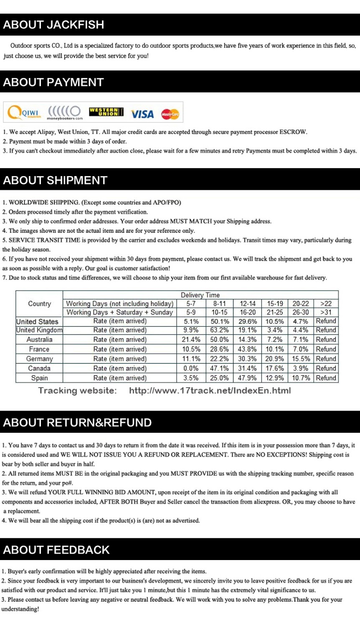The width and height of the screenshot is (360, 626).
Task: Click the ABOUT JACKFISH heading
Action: pos(53,25)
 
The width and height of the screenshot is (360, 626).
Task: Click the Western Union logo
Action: pos(106,112)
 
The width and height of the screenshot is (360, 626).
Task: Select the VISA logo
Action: pos(142,114)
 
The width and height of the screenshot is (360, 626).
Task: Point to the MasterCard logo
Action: pos(170,114)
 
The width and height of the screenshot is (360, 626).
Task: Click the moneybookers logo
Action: pos(65,112)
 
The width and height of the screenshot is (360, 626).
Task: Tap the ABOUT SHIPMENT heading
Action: pos(55,180)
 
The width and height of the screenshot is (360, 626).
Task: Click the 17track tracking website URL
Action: pos(210,391)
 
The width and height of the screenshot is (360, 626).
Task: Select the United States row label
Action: pos(37,321)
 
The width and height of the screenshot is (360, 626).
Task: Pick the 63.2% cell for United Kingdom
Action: pos(219,330)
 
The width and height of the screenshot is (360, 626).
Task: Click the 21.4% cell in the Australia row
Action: pos(191,340)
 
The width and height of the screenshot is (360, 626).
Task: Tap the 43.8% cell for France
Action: pos(247,349)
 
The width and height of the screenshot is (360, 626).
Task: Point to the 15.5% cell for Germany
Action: pos(301,359)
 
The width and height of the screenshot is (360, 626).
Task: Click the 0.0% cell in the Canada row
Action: pos(191,369)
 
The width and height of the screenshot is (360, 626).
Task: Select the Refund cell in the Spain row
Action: pos(326,378)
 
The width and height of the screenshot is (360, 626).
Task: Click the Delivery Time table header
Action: pos(200,295)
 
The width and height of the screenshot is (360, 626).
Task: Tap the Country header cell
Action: pos(39,304)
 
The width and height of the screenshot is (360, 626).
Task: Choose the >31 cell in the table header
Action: pos(326,312)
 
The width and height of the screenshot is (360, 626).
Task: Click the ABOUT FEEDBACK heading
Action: pos(56,550)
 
